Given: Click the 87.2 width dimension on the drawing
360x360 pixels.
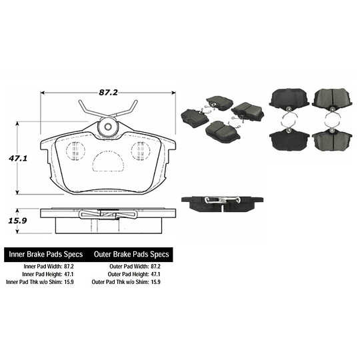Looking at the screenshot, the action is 108,92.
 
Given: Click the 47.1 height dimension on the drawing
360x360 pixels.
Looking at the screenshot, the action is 18,158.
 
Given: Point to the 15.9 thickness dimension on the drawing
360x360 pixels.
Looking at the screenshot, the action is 17,221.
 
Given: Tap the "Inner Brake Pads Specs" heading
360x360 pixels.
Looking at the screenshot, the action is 46,255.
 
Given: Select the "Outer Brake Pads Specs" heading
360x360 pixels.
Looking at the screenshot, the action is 131,255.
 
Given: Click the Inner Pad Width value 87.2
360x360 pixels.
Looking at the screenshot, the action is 69,266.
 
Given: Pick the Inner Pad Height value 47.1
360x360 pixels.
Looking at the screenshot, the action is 69,274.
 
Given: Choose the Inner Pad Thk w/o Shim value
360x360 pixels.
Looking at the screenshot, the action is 69,282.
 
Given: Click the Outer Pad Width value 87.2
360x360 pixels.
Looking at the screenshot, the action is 155,266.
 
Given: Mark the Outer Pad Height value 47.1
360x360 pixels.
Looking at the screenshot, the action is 155,274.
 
